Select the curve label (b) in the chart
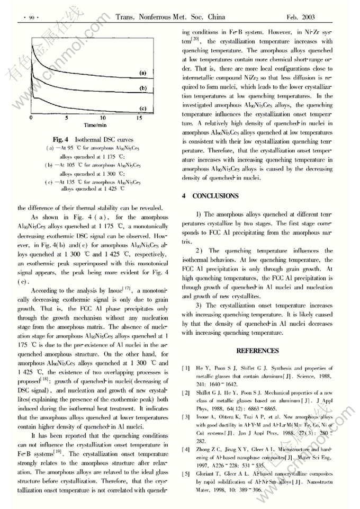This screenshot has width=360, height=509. [x=143, y=88]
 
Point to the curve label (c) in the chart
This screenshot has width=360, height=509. [x=143, y=108]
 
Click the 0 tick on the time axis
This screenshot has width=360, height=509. [x=31, y=118]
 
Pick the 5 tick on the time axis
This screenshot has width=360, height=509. [x=67, y=118]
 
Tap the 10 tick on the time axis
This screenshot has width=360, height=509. [x=103, y=118]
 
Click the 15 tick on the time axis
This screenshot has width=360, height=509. [x=138, y=118]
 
